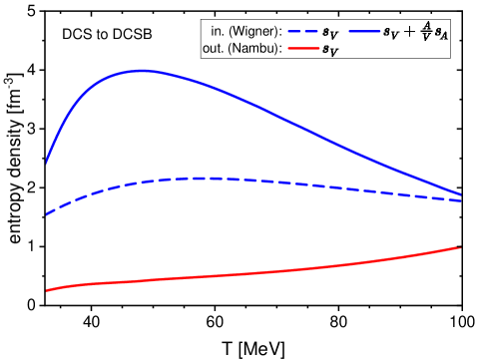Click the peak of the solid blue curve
140,71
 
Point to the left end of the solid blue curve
46,163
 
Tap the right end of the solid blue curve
461,194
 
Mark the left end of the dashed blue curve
46,215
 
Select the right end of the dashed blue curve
461,200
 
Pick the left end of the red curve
46,291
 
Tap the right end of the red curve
460,247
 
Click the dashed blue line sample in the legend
303,32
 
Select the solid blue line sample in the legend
364,32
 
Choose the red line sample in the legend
303,48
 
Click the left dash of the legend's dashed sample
293,32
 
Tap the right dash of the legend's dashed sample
313,32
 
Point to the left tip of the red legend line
287,48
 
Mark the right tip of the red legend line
319,48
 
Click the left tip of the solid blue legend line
348,32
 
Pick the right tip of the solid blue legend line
380,32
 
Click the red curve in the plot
249,273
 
